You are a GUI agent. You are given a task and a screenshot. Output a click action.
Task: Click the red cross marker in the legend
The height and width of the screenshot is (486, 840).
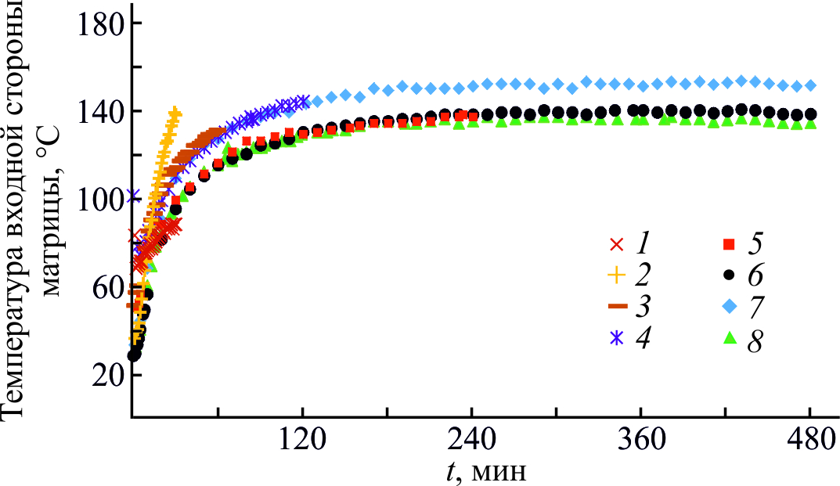click(617, 244)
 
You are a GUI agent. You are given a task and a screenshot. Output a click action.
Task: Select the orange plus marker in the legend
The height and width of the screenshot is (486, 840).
click(617, 275)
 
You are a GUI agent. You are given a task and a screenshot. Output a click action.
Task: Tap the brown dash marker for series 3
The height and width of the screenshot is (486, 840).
click(617, 306)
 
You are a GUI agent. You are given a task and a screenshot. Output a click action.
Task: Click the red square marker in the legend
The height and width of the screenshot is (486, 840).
click(729, 244)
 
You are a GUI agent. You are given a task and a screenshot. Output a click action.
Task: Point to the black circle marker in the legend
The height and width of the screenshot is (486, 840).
click(729, 275)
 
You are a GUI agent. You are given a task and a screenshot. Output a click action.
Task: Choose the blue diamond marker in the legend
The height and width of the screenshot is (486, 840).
click(729, 306)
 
